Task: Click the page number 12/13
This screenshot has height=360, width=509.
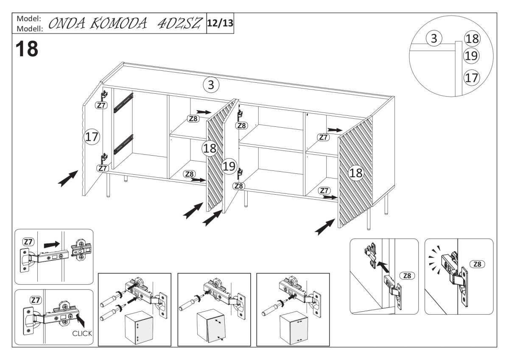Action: click(220, 23)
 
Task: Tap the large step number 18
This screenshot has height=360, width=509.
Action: click(27, 50)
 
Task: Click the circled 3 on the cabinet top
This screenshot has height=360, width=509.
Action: click(210, 85)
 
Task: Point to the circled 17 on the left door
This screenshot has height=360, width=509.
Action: click(92, 137)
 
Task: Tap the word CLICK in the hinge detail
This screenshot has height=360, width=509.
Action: click(82, 333)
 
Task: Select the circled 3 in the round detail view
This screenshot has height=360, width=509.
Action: click(434, 39)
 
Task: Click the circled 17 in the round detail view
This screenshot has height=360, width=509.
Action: click(471, 78)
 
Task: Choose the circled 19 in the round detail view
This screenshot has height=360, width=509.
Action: click(471, 55)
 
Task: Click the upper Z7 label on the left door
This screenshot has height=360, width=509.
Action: click(101, 106)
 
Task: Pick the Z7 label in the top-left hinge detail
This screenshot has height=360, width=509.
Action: click(28, 242)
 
